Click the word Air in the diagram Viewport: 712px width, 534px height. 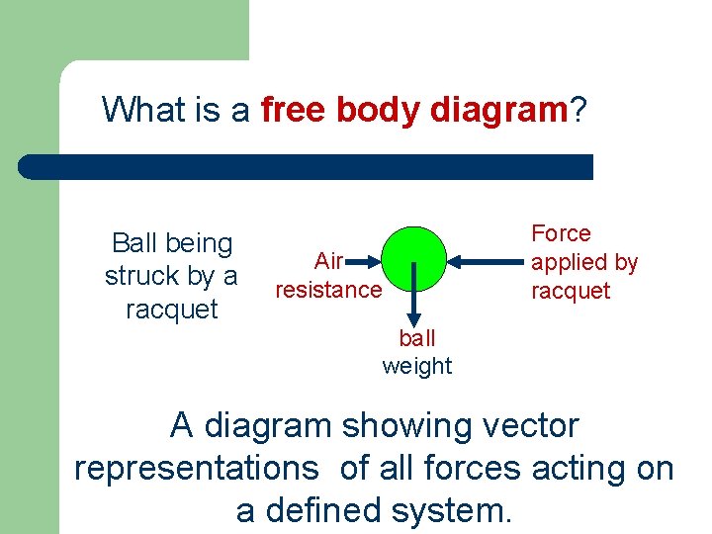pos(328,261)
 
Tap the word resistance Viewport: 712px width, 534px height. pos(327,290)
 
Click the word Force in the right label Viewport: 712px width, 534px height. pos(561,233)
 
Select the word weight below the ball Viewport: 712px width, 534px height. pos(417,366)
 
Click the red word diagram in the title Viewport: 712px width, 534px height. pos(498,109)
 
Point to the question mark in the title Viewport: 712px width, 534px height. pos(577,109)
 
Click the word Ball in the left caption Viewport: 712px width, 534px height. pos(134,243)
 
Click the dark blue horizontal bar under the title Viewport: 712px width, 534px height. pos(307,166)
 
